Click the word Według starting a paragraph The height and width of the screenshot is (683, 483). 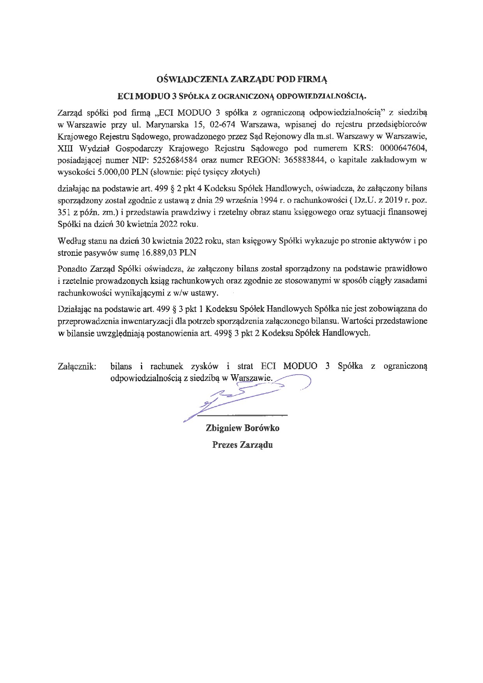point(70,241)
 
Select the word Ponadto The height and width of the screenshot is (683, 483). point(72,269)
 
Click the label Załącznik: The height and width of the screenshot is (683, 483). point(77,366)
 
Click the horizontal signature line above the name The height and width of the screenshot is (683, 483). point(249,414)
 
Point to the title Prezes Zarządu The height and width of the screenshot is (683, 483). point(242,445)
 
